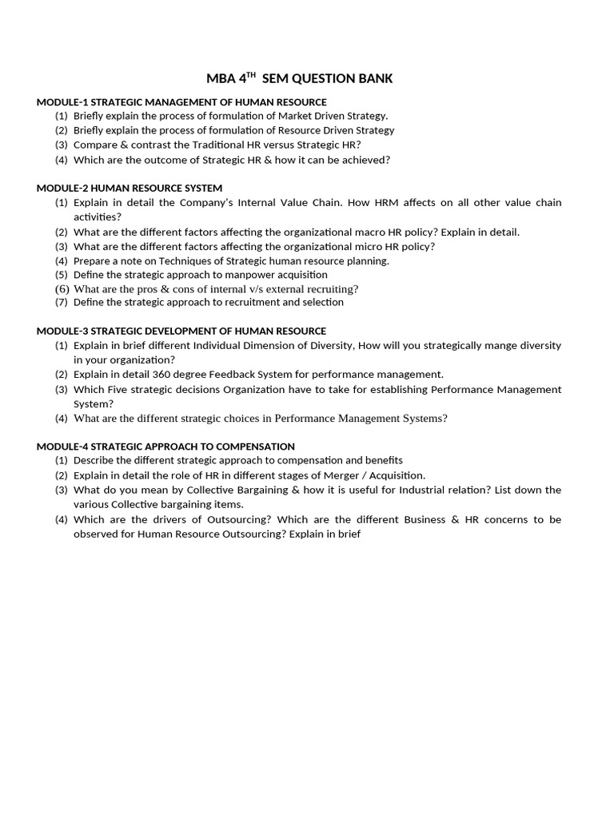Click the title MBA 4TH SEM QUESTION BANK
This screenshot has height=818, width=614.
[x=299, y=78]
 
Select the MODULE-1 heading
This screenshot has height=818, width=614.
[x=181, y=101]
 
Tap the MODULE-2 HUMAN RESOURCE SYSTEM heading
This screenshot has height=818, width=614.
[x=130, y=188]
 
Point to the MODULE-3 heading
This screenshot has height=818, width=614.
[x=181, y=331]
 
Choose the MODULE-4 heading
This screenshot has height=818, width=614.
[x=165, y=447]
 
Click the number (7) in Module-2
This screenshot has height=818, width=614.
[x=62, y=303]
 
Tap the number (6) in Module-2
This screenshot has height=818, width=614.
[x=62, y=288]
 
